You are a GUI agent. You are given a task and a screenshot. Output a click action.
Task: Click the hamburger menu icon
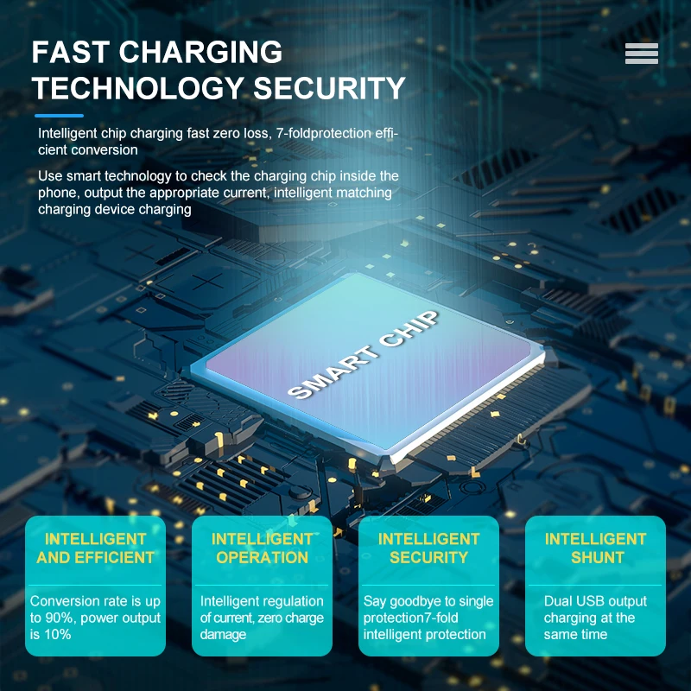pyautogui.click(x=641, y=54)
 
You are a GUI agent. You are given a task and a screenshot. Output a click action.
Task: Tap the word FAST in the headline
pyautogui.click(x=70, y=52)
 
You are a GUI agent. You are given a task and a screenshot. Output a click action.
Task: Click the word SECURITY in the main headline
pyautogui.click(x=329, y=88)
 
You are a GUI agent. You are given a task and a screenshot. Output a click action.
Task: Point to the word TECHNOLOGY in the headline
pyautogui.click(x=138, y=88)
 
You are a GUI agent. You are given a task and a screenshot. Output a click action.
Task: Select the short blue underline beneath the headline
pyautogui.click(x=59, y=116)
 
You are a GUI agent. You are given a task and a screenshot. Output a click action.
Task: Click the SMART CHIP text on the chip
pyautogui.click(x=363, y=355)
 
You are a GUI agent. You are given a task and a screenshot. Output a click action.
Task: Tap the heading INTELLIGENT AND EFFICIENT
pyautogui.click(x=95, y=548)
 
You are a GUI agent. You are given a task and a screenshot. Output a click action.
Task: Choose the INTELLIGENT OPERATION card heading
pyautogui.click(x=263, y=548)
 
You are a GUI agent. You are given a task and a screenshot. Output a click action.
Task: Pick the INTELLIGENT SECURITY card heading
pyautogui.click(x=428, y=548)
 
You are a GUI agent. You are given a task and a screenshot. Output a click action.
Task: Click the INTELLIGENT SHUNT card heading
pyautogui.click(x=596, y=548)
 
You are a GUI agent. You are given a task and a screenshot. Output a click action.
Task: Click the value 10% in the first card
pyautogui.click(x=57, y=635)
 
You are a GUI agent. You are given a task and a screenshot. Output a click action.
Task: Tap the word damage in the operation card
pyautogui.click(x=223, y=635)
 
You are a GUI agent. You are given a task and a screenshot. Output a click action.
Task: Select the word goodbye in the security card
pyautogui.click(x=415, y=601)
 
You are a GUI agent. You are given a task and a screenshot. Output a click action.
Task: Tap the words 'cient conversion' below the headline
pyautogui.click(x=88, y=149)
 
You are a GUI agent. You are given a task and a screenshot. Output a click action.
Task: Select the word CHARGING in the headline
pyautogui.click(x=200, y=52)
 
